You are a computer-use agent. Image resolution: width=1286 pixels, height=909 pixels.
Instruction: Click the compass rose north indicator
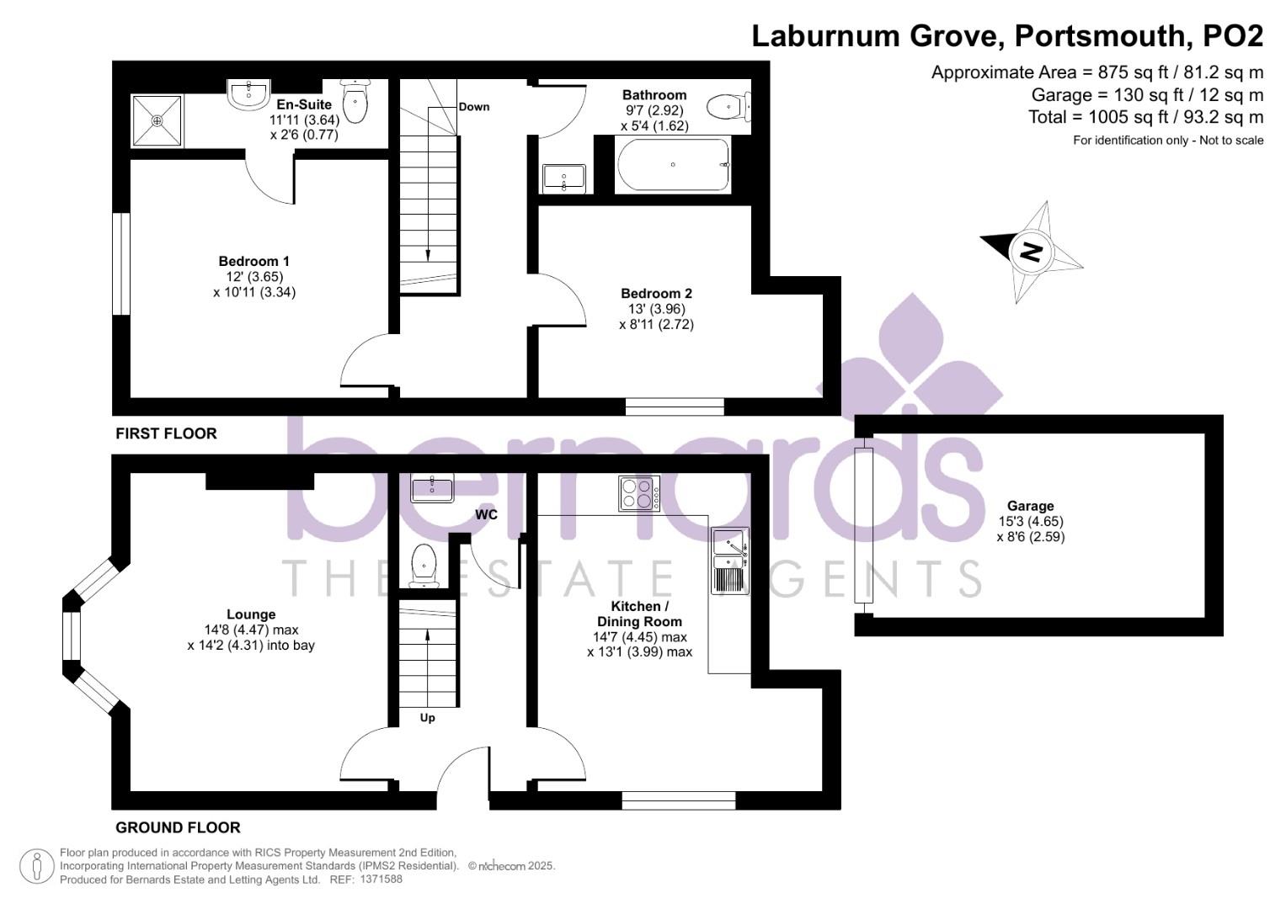(1031, 251)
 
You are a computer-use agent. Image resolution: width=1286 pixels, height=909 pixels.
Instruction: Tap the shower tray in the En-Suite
(157, 120)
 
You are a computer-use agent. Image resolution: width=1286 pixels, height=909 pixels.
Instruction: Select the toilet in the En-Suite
(355, 101)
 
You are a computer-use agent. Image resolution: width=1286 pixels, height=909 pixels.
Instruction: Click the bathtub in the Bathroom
(673, 165)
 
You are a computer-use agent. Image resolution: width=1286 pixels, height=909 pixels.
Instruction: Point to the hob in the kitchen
(639, 493)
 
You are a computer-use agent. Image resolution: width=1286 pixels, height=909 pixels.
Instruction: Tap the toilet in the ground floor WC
(422, 565)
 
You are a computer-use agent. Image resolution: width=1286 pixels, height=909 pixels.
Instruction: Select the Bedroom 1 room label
(253, 262)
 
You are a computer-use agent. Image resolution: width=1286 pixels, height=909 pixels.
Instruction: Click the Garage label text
(1030, 506)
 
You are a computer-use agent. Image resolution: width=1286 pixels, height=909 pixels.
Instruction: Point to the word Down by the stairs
(474, 107)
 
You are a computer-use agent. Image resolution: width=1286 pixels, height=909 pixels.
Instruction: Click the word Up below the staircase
(428, 718)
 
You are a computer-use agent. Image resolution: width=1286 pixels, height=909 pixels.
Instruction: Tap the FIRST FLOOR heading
(166, 433)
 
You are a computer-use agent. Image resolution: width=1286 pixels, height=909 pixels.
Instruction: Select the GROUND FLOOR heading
(178, 827)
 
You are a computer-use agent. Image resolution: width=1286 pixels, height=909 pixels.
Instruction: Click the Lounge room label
(251, 614)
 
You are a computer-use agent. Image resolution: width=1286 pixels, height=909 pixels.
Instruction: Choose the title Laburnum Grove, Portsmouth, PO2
(1007, 35)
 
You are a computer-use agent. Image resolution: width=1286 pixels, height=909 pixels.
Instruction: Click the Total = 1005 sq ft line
(1145, 117)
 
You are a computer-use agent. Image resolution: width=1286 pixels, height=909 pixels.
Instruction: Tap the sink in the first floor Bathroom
(564, 178)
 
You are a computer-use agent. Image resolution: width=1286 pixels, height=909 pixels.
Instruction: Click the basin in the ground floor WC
(431, 486)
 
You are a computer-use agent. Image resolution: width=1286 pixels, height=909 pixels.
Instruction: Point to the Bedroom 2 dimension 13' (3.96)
(656, 309)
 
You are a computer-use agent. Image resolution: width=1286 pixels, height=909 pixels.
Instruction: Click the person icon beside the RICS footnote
(36, 867)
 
